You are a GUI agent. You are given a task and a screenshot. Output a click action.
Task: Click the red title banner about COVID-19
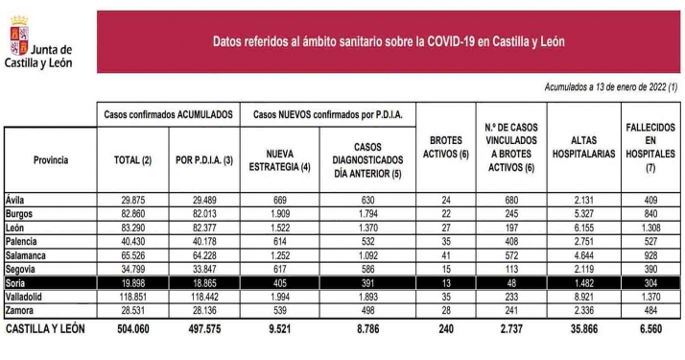[x=388, y=41]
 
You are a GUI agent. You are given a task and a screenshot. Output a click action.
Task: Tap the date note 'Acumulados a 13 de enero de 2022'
[x=611, y=87]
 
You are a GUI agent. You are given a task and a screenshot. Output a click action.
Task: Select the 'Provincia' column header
[x=51, y=159]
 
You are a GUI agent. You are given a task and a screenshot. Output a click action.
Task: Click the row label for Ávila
[x=15, y=200]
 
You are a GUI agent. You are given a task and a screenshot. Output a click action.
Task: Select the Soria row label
[x=16, y=284]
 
